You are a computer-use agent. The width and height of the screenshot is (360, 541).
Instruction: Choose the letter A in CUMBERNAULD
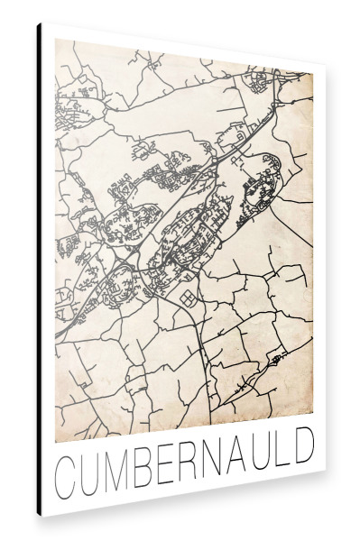pyautogui.click(x=237, y=459)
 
